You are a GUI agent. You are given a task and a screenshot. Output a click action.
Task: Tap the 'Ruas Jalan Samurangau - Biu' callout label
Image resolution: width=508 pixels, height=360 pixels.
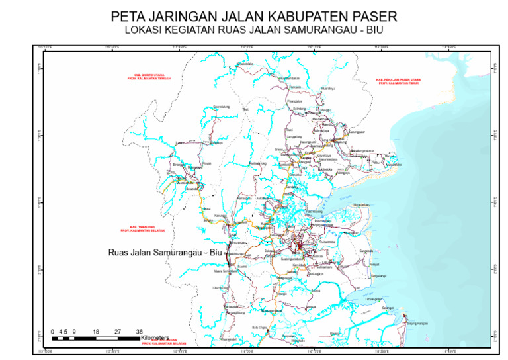(163, 252)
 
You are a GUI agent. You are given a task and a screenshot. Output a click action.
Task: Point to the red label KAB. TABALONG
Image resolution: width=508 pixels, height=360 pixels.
(142, 228)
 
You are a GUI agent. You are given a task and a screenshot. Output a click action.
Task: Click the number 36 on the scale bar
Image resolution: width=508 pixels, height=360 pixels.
(139, 331)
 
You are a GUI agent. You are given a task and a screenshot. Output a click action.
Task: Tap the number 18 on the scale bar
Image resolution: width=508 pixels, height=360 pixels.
(96, 331)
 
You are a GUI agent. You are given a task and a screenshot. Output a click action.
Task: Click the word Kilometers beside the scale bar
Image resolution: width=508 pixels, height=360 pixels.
(155, 337)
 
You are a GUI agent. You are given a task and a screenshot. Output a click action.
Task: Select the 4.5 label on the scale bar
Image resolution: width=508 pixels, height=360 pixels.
(63, 331)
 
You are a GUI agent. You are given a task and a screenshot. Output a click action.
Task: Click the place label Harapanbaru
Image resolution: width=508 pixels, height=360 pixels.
(362, 205)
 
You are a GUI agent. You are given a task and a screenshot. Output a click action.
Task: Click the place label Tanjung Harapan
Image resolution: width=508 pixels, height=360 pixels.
(417, 323)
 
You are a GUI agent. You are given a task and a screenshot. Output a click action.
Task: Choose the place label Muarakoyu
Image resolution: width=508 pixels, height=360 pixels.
(327, 88)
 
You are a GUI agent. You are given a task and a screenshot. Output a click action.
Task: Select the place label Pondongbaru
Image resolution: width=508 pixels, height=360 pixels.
(323, 220)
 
